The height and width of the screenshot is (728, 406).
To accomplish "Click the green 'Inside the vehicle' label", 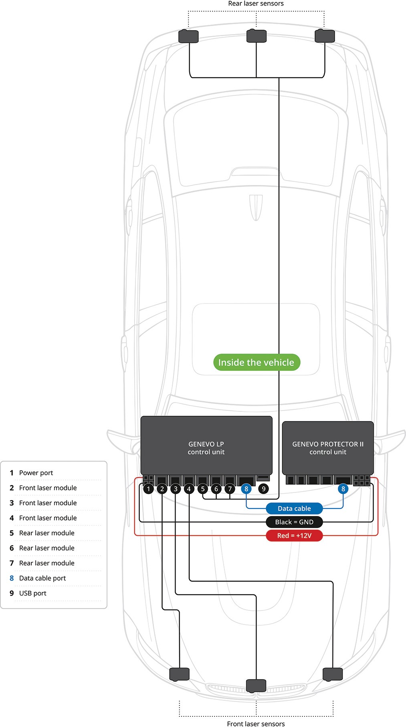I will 257,362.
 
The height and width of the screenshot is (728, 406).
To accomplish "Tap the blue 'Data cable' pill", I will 294,508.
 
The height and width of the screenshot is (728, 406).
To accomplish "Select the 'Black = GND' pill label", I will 294,522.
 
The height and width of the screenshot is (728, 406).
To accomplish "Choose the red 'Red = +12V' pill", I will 294,536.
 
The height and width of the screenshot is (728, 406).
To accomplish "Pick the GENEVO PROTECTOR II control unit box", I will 328,447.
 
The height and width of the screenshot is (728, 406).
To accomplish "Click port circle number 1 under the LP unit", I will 149,489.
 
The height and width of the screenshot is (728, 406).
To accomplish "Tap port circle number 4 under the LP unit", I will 189,489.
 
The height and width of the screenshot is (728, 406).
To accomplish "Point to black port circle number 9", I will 263,489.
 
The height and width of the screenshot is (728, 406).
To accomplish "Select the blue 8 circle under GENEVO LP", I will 246,489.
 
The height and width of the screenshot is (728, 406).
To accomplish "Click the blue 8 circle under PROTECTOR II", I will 343,489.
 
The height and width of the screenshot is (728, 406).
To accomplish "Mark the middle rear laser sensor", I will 257,36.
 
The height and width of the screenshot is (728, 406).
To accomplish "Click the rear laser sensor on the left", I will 188,36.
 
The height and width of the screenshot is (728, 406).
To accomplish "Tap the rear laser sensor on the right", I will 325,36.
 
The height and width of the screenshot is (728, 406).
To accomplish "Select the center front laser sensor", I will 256,685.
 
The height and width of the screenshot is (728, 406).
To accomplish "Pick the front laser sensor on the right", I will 333,674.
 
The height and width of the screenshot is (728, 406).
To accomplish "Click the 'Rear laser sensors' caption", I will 256,4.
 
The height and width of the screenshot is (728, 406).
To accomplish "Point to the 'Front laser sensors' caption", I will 256,724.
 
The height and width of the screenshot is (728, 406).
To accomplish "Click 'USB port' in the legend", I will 33,593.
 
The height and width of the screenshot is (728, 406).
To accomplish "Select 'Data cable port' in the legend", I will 42,578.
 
